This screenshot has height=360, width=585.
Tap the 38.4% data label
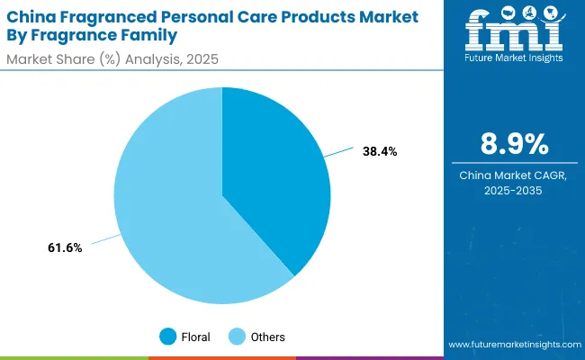click(x=379, y=152)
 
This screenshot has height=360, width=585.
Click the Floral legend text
click(x=195, y=337)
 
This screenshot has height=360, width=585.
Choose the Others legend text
click(x=268, y=337)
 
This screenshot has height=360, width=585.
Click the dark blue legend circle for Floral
click(x=168, y=337)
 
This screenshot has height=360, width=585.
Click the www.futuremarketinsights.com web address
click(x=513, y=345)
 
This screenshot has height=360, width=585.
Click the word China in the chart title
click(x=30, y=17)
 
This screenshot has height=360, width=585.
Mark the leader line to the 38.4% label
click(x=340, y=155)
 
